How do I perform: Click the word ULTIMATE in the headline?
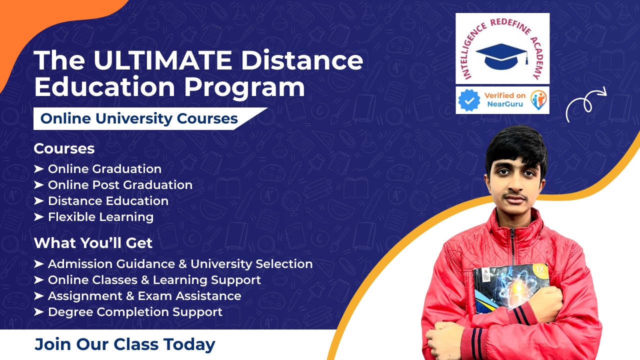tap(162, 60)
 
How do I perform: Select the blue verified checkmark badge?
tap(469, 100)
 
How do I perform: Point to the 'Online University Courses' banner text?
tap(139, 118)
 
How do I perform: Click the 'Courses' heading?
tap(64, 148)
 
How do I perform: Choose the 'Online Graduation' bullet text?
tap(104, 169)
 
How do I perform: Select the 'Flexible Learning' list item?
tap(100, 217)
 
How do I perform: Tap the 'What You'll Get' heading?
tap(93, 243)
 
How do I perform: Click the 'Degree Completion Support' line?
tap(135, 312)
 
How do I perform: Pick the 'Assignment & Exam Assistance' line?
tap(144, 296)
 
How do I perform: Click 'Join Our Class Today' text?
tap(125, 344)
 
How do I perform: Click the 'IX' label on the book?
tap(540, 269)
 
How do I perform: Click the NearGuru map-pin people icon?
tap(538, 100)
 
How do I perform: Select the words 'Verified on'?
tap(505, 95)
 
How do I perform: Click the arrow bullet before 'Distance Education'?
tap(38, 201)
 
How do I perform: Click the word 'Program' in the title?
tap(244, 87)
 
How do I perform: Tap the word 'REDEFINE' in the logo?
tap(510, 25)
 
